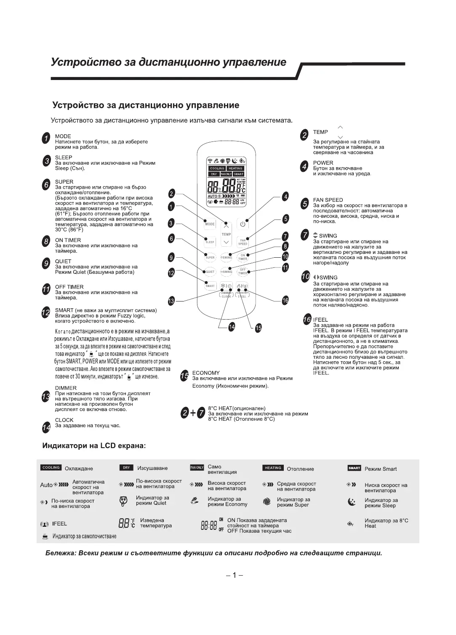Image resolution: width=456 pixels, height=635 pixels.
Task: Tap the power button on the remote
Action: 243,224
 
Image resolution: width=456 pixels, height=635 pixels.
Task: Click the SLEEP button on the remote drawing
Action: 210,242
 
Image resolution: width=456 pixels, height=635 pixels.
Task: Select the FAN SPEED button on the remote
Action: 243,242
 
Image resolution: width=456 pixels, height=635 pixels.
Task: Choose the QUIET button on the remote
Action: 210,272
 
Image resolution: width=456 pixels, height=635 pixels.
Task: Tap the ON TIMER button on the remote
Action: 243,257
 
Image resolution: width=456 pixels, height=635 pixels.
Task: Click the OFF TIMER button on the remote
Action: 243,272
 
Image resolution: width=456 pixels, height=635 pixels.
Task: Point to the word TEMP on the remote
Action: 226,234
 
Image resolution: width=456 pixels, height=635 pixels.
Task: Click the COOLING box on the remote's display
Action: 217,168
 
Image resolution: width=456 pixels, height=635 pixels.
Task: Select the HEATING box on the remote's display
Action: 235,168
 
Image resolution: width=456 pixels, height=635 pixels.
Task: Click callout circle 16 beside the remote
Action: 285,300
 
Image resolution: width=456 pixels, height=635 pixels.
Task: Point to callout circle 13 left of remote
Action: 171,301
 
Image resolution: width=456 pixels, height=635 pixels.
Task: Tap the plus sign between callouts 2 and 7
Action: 193,413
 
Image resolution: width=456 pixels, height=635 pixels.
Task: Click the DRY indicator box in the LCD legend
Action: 126,468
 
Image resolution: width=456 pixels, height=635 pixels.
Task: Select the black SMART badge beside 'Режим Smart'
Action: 354,468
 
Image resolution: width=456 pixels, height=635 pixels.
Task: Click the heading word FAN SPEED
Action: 328,200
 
